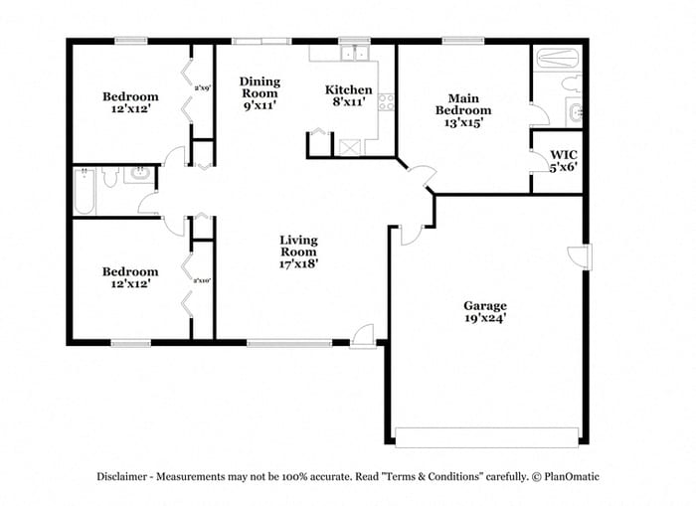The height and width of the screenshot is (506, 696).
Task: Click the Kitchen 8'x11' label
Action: coord(349,95)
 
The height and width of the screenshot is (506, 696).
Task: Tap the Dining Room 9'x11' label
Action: coord(261,92)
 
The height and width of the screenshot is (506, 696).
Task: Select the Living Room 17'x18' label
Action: coord(298,252)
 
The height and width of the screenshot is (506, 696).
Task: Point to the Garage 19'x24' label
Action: coord(485,312)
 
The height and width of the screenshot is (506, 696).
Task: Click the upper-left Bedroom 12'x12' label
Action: coord(130,102)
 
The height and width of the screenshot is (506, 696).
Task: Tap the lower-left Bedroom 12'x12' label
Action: coord(130,277)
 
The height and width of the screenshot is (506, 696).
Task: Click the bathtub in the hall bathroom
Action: coord(86,191)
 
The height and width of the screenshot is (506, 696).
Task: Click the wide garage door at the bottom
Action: coord(486,436)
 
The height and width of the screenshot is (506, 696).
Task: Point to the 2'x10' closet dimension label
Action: coord(202,280)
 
